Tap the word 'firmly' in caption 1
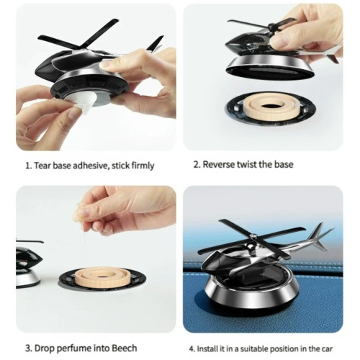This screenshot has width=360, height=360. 143,166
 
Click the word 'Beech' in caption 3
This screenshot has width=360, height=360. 125,348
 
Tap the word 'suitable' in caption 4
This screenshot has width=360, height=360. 255,348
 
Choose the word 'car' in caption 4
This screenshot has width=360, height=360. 327,349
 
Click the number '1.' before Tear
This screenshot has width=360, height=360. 29,166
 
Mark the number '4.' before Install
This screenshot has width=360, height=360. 192,349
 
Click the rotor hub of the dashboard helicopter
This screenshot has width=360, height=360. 253,238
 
